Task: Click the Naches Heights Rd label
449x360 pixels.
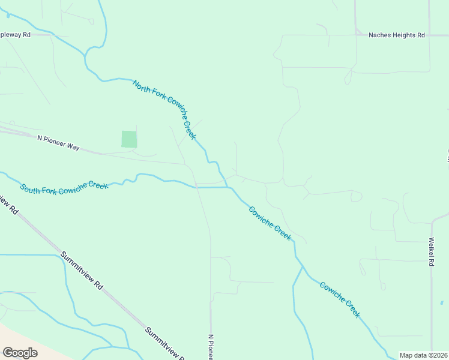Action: tap(397, 35)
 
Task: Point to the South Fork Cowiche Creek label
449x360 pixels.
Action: tap(64, 187)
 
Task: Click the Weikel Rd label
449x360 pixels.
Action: tap(431, 251)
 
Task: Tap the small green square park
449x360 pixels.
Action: tap(129, 139)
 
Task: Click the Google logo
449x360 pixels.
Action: tap(20, 352)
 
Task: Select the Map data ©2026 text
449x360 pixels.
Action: tap(424, 355)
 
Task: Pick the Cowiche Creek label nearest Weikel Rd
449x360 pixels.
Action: tap(340, 299)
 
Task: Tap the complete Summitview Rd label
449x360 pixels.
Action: tap(82, 271)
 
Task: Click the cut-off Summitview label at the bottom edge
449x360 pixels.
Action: tap(164, 343)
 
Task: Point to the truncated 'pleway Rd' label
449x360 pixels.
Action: tap(15, 35)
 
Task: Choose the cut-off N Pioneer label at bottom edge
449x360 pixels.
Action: tap(211, 347)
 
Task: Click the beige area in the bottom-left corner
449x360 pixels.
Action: tap(12, 336)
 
